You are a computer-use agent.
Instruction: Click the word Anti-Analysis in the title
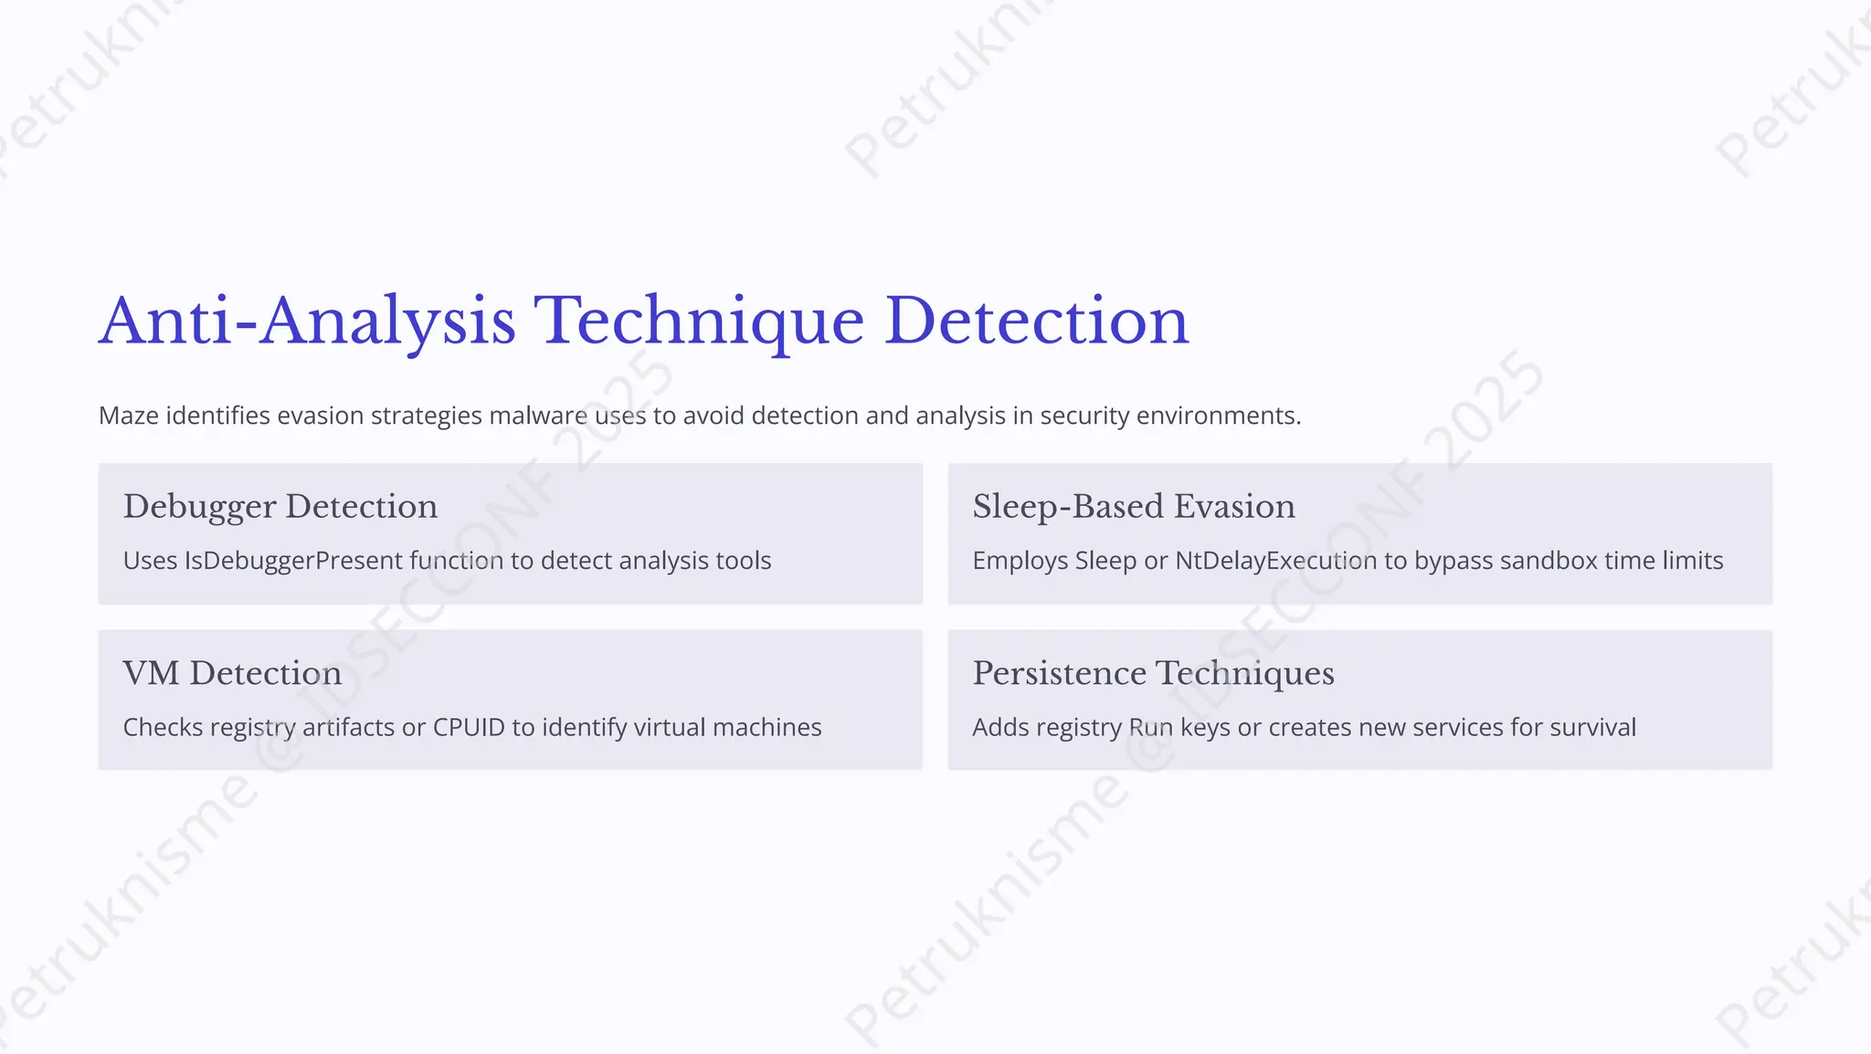click(x=307, y=321)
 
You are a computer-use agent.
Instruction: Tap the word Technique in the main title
click(x=698, y=321)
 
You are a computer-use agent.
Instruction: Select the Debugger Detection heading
click(x=280, y=507)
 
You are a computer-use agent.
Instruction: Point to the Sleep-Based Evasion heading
click(x=1134, y=507)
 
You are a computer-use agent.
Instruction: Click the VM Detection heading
click(x=232, y=674)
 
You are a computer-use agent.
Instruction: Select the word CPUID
click(x=469, y=728)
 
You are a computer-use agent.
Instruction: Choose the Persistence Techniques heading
click(x=1153, y=674)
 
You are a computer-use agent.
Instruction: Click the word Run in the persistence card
click(x=1150, y=728)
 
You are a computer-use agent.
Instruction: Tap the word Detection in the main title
click(x=1037, y=321)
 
